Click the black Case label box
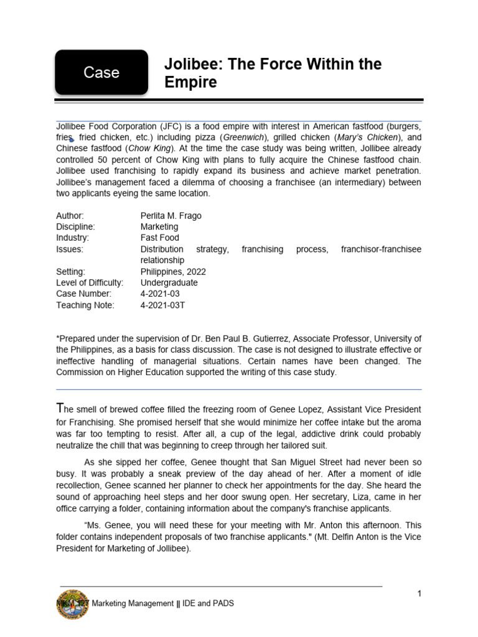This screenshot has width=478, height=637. point(101,73)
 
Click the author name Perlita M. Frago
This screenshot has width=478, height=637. point(171,216)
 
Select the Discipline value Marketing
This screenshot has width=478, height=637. point(159,227)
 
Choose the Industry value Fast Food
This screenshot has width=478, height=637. point(159,238)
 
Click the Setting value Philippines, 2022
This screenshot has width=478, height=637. point(173,272)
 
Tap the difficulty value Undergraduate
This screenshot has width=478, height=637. point(169,283)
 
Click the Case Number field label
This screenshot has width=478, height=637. point(83,294)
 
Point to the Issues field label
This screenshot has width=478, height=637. point(70,249)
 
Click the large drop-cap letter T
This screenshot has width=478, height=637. point(60,408)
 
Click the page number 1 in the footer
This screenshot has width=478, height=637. point(419,593)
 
